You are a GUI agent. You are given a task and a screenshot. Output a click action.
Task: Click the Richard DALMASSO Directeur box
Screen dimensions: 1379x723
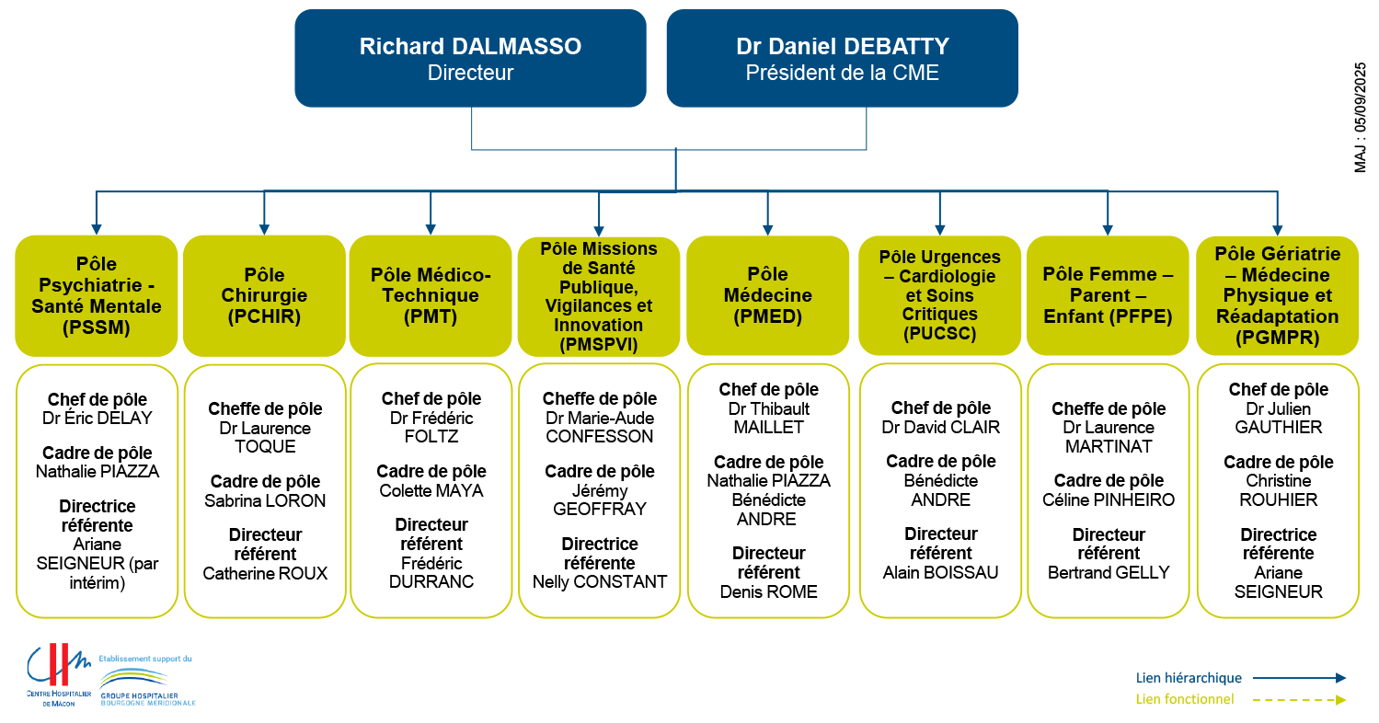pyautogui.click(x=470, y=59)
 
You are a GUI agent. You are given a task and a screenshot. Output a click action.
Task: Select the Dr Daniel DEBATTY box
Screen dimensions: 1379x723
pyautogui.click(x=842, y=59)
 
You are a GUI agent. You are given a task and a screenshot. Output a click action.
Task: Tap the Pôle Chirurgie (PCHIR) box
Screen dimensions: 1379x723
pyautogui.click(x=264, y=295)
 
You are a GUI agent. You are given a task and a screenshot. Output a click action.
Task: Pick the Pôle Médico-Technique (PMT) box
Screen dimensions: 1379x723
pyautogui.click(x=431, y=295)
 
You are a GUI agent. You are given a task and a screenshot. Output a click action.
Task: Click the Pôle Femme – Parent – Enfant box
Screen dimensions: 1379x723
pyautogui.click(x=1108, y=295)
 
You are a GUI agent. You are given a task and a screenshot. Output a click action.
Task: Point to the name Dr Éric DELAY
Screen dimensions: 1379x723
pyautogui.click(x=98, y=419)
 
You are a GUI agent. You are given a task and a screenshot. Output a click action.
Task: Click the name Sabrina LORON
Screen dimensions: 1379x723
pyautogui.click(x=265, y=501)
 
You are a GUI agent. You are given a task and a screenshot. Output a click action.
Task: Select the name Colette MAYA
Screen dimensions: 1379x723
pyautogui.click(x=431, y=491)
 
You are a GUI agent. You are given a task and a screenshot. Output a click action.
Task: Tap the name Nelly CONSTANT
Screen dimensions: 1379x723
pyautogui.click(x=600, y=582)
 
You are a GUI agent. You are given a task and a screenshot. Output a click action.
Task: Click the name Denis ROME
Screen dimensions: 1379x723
pyautogui.click(x=768, y=592)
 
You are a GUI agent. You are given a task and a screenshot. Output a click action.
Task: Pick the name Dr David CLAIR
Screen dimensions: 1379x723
pyautogui.click(x=941, y=428)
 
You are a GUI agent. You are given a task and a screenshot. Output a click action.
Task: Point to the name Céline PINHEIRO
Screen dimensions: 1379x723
pyautogui.click(x=1109, y=500)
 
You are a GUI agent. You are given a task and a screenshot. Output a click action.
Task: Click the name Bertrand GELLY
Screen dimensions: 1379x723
pyautogui.click(x=1109, y=573)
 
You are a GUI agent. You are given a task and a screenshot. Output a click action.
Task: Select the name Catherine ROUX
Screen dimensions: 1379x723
pyautogui.click(x=265, y=573)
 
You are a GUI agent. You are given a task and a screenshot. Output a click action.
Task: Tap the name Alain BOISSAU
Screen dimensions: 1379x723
pyautogui.click(x=941, y=573)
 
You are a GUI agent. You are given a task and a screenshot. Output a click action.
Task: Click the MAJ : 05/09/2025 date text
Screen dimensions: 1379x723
pyautogui.click(x=1360, y=118)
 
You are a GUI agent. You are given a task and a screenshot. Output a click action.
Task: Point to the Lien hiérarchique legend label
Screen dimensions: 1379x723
pyautogui.click(x=1189, y=678)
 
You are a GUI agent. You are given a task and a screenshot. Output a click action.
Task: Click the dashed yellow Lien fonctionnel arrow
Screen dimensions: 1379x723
pyautogui.click(x=1299, y=700)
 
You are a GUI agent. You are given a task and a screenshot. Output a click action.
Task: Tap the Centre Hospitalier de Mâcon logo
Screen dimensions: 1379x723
pyautogui.click(x=59, y=674)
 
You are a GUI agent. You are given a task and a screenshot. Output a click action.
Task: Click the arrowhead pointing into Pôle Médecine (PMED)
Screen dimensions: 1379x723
pyautogui.click(x=767, y=230)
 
